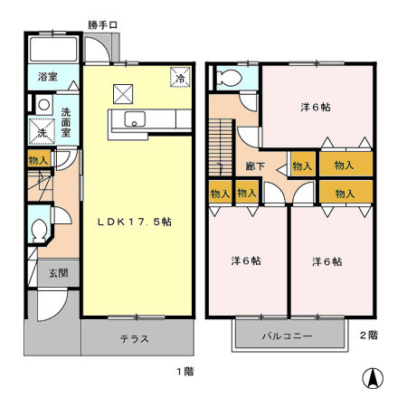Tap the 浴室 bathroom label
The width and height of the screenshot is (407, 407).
click(x=48, y=78)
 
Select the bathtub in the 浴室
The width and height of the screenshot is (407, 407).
click(x=53, y=51)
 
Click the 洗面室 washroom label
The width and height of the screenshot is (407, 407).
click(x=67, y=122)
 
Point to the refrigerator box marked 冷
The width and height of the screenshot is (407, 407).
click(x=179, y=79)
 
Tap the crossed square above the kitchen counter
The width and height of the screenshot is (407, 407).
click(x=122, y=90)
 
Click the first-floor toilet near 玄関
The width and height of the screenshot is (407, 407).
click(x=38, y=230)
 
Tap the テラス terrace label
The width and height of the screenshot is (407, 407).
click(x=136, y=340)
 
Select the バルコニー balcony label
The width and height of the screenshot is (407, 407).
click(x=287, y=336)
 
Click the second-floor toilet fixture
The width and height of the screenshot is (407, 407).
click(x=228, y=78)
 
